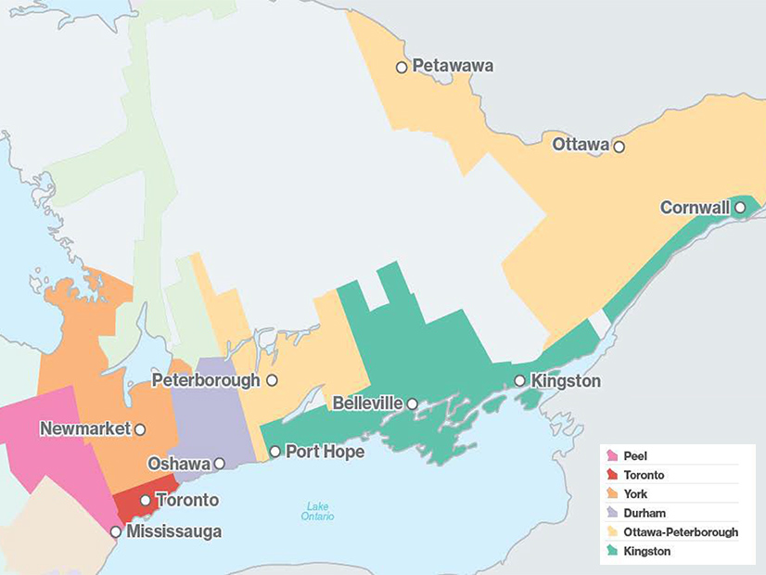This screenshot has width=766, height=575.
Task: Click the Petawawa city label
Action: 453,67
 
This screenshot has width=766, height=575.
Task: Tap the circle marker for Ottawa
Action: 619,147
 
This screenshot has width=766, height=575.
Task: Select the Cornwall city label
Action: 695,208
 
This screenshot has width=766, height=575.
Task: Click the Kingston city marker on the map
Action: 520,380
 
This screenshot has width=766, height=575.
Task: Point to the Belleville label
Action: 367,403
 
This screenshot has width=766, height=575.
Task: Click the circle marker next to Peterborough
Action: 272,380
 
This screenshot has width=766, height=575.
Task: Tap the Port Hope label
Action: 325,452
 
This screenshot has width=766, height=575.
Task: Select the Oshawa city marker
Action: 220,464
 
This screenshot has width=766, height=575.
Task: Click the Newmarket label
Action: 86,429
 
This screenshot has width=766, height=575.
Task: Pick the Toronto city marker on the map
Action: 146,500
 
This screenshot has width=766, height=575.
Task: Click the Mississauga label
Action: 174,532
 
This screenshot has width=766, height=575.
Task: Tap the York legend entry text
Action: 636,494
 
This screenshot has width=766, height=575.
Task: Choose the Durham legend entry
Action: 645,513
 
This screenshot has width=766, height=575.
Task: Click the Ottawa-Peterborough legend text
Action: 681,532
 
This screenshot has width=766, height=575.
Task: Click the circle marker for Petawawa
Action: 402,67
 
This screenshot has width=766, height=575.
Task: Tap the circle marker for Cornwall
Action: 740,208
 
